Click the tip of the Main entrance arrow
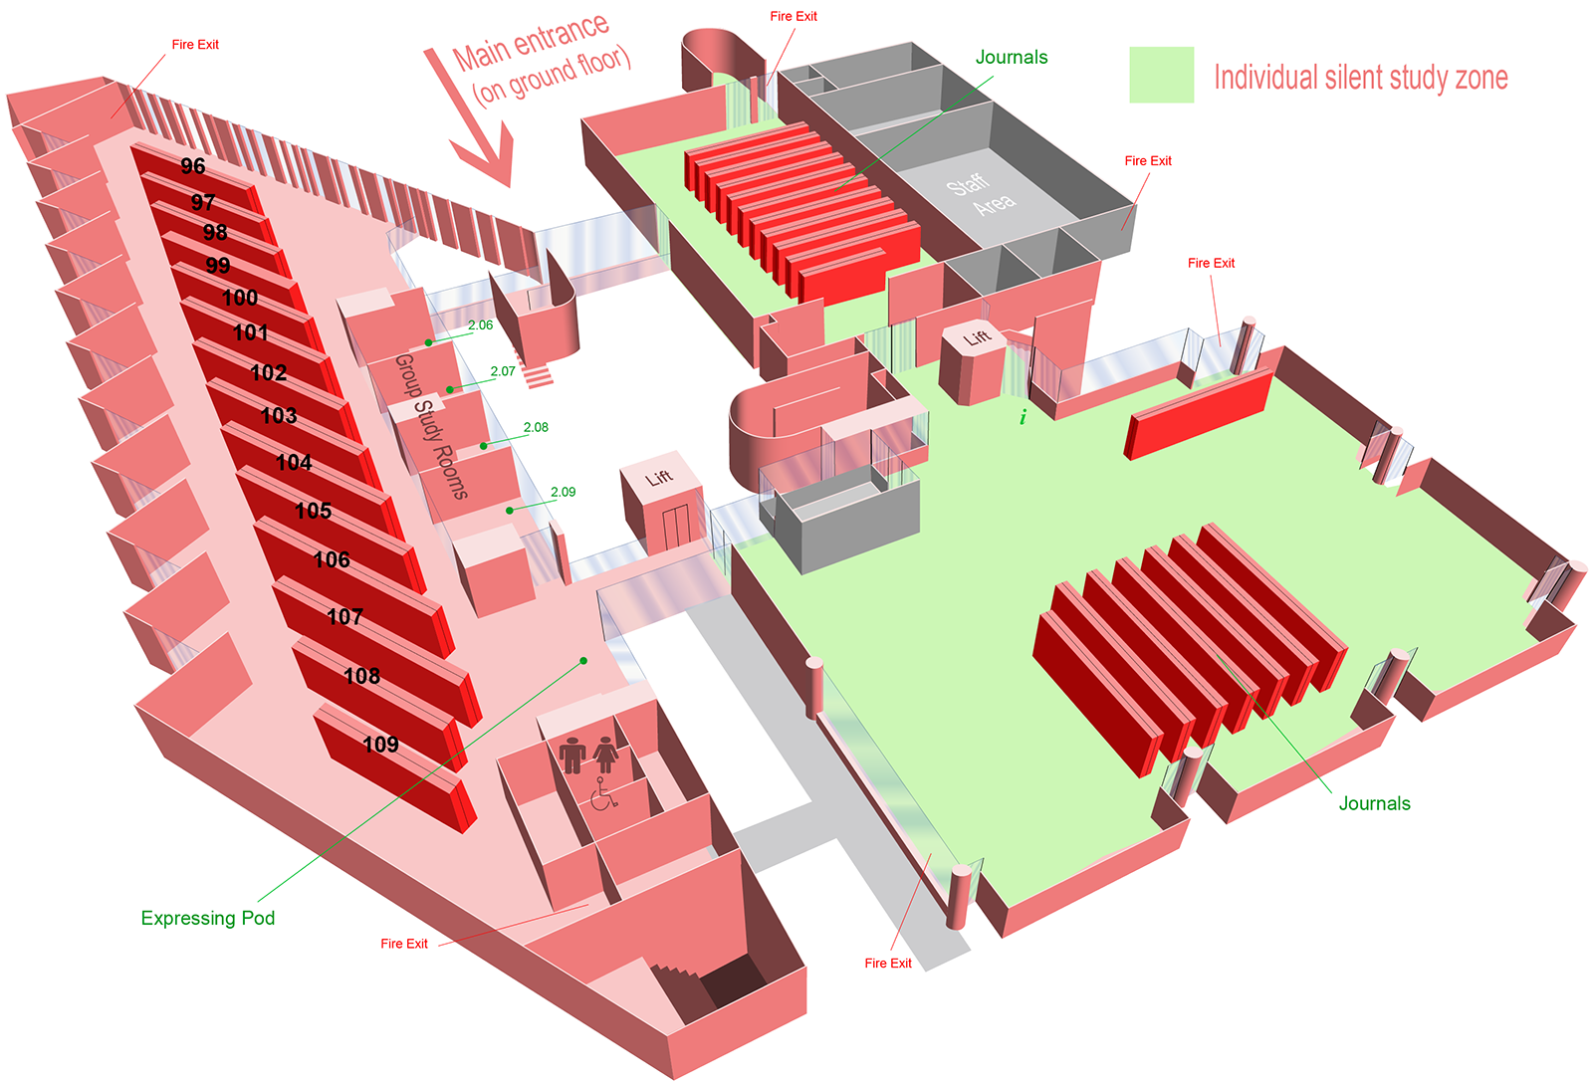(x=509, y=186)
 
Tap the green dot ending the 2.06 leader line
(x=428, y=342)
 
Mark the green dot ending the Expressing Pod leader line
(x=583, y=661)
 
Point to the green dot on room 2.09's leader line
(x=509, y=511)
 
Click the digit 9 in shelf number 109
(x=391, y=746)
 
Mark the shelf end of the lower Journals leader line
(x=1218, y=655)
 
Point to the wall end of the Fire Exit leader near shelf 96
(x=112, y=118)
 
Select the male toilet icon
(x=571, y=755)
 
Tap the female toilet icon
(x=606, y=755)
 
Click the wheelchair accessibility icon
(x=603, y=794)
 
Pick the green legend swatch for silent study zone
(x=1161, y=75)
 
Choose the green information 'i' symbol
(x=1023, y=417)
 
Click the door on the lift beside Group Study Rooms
(x=676, y=526)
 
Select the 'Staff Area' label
(x=981, y=194)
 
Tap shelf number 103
(x=279, y=416)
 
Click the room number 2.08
(x=536, y=427)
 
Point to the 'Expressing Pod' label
(x=208, y=919)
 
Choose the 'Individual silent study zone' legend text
(x=1360, y=78)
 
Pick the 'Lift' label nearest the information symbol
(x=977, y=336)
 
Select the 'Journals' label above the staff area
(x=1012, y=57)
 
